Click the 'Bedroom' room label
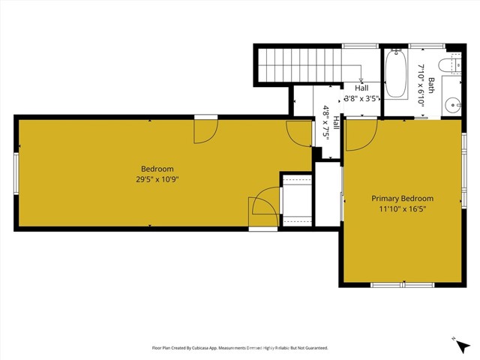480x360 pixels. pyautogui.click(x=157, y=169)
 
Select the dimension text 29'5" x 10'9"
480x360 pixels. pyautogui.click(x=157, y=179)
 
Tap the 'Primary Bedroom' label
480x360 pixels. pyautogui.click(x=403, y=199)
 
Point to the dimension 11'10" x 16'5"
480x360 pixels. pyautogui.click(x=403, y=209)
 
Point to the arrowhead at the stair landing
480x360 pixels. pyautogui.click(x=361, y=79)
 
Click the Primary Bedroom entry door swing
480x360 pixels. pyautogui.click(x=358, y=135)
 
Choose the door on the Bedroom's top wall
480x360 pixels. pyautogui.click(x=205, y=129)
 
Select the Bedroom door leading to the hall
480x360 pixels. pyautogui.click(x=299, y=133)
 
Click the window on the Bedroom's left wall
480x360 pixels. pyautogui.click(x=15, y=173)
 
